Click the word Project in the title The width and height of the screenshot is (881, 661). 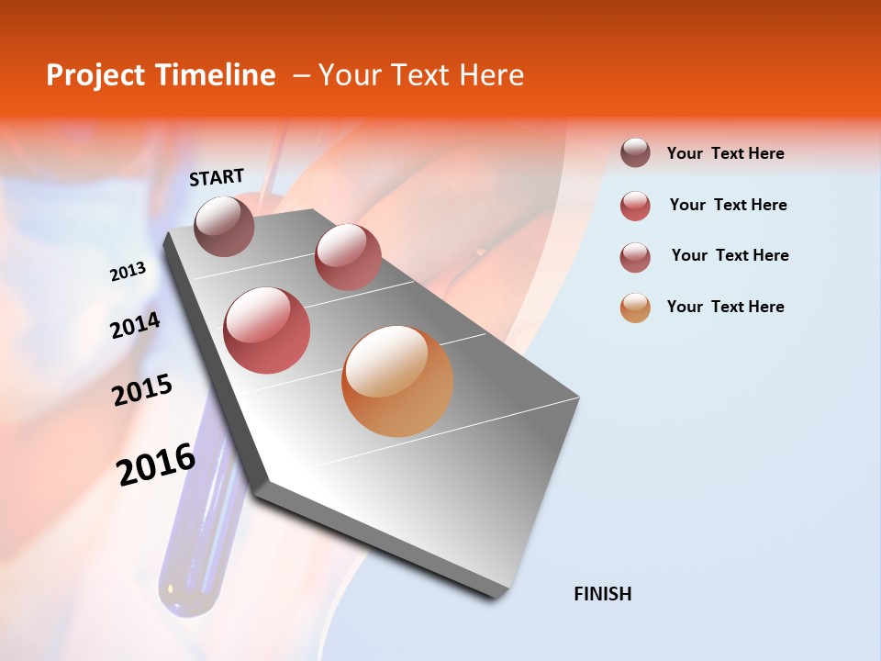(95, 75)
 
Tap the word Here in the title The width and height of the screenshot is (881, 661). (490, 75)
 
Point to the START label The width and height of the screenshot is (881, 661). (217, 177)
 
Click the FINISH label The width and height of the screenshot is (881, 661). (602, 594)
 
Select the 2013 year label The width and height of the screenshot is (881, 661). (128, 272)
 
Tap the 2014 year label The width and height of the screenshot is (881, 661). (135, 326)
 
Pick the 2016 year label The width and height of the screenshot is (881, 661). (156, 465)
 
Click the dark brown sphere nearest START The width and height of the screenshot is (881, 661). (225, 226)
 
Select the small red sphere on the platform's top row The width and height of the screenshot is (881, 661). (348, 256)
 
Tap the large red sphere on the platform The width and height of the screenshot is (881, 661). (267, 330)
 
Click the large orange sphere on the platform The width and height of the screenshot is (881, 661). (397, 381)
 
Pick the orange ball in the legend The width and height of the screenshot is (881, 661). (635, 308)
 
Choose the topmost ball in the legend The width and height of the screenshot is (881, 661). (635, 153)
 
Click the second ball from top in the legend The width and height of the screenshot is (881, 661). (635, 206)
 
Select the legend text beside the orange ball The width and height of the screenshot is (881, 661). (725, 307)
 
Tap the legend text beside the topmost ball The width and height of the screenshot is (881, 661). (725, 153)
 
